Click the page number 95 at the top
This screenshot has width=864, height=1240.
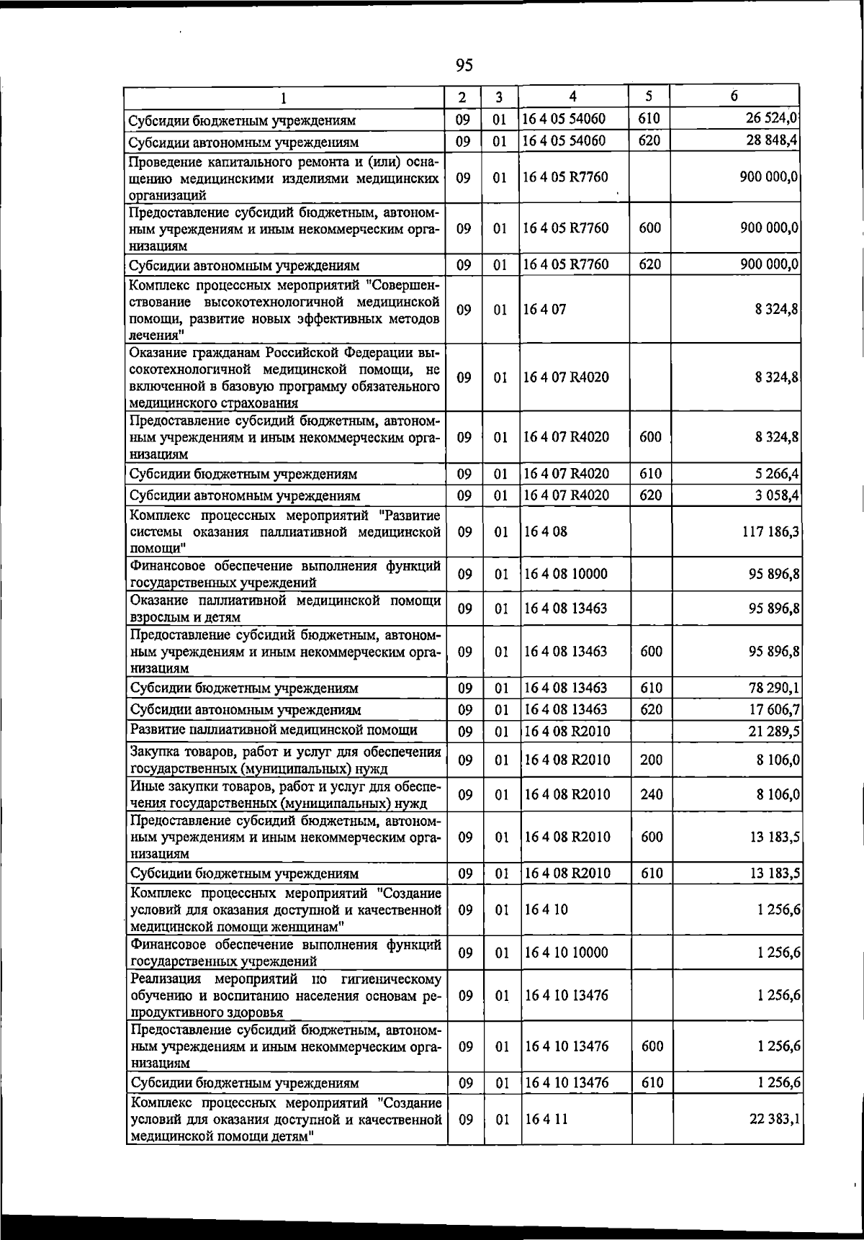coord(464,66)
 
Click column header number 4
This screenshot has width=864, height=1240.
coord(572,96)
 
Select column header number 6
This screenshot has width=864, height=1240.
coord(734,96)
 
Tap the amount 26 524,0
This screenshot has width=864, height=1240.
coord(771,118)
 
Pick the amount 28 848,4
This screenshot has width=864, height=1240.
coord(771,140)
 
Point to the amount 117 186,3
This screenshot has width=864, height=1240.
coord(766,532)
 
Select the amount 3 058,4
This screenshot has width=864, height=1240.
coord(775,495)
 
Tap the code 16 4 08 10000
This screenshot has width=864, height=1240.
coord(565,574)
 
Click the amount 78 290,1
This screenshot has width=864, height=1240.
coord(773,688)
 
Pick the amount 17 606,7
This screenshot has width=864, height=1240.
coord(773,710)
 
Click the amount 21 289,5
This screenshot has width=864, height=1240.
coord(773,732)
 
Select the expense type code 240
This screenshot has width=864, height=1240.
coord(651,794)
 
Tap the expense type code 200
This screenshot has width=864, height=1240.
coord(651,760)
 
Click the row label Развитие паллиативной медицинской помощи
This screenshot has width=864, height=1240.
coord(274,730)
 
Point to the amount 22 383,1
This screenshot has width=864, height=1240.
coord(774,1119)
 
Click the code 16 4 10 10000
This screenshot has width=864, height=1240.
coord(566,953)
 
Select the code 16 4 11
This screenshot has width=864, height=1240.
coord(546,1119)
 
